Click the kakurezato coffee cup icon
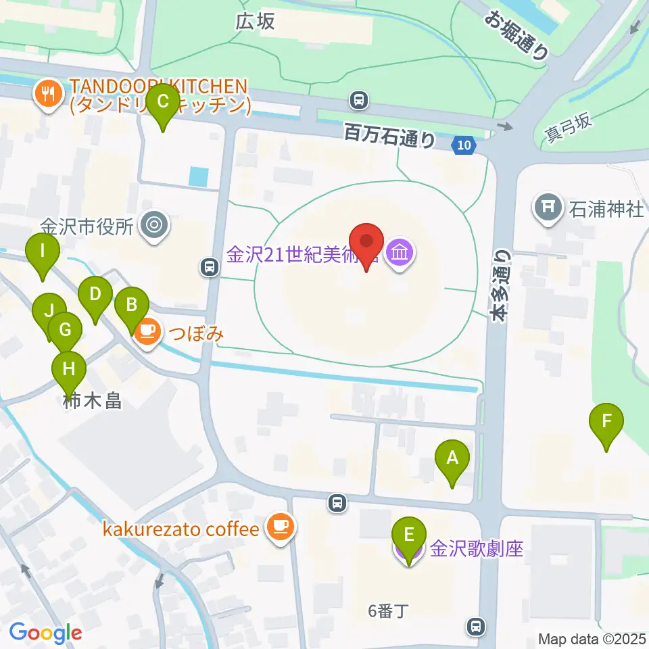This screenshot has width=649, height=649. tap(280, 527)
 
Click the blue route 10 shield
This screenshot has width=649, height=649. tap(463, 144)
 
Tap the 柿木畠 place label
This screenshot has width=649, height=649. tap(92, 401)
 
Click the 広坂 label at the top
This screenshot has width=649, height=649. tap(255, 22)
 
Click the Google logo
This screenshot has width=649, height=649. tap(45, 633)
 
